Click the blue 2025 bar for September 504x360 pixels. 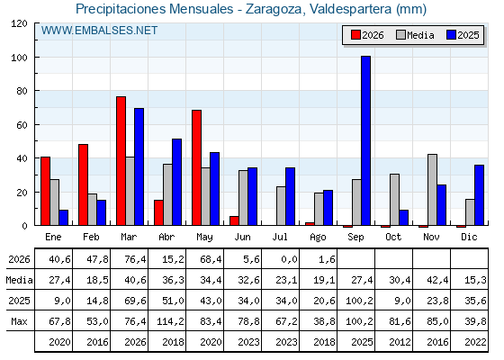(x=365, y=140)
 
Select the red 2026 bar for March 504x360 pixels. (x=121, y=161)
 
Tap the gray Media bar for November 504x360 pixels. (x=432, y=190)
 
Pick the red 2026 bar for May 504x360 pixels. (x=197, y=167)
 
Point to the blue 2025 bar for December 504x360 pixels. (x=479, y=195)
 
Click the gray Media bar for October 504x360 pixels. (x=395, y=200)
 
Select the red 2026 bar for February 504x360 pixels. (x=83, y=184)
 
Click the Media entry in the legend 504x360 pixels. (x=415, y=35)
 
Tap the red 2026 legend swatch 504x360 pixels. (x=355, y=35)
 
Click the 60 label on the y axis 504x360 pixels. (x=22, y=125)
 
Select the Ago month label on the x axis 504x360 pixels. (x=318, y=238)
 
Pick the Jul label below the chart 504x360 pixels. (x=280, y=237)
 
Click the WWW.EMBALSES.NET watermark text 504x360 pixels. (x=99, y=31)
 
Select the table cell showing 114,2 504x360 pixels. (x=170, y=321)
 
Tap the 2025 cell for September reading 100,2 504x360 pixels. (x=359, y=301)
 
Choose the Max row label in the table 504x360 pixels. (x=19, y=321)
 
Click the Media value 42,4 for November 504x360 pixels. (x=437, y=280)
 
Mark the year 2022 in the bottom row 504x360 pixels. (x=475, y=342)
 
